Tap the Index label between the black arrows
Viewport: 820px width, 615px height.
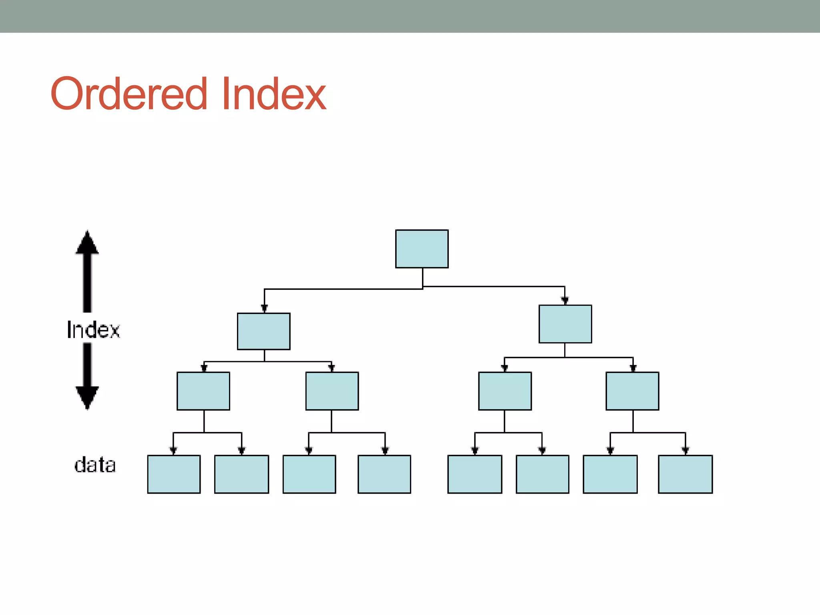pyautogui.click(x=93, y=330)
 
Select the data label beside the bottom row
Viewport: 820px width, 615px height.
pyautogui.click(x=95, y=465)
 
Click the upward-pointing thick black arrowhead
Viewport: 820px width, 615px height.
pyautogui.click(x=87, y=243)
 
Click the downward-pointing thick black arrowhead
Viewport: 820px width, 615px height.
pyautogui.click(x=87, y=397)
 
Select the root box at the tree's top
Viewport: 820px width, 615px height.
pyautogui.click(x=422, y=249)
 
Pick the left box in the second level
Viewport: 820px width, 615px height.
pyautogui.click(x=263, y=331)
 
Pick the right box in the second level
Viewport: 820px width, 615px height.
pyautogui.click(x=565, y=324)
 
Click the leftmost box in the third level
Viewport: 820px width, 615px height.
pyautogui.click(x=203, y=391)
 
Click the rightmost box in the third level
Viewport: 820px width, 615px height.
pyautogui.click(x=632, y=391)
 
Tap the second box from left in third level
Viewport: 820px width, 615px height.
pyautogui.click(x=332, y=391)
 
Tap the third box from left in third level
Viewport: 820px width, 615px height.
pyautogui.click(x=505, y=391)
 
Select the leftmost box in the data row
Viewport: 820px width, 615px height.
pyautogui.click(x=174, y=474)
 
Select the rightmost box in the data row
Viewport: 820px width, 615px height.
pyautogui.click(x=685, y=474)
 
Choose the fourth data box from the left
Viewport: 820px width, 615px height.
pyautogui.click(x=384, y=474)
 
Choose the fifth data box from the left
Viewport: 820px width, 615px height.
pyautogui.click(x=474, y=474)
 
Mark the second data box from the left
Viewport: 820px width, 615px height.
pyautogui.click(x=241, y=474)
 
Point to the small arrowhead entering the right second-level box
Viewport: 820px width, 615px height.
pyautogui.click(x=565, y=301)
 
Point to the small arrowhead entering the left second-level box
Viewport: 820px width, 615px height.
pyautogui.click(x=264, y=308)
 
